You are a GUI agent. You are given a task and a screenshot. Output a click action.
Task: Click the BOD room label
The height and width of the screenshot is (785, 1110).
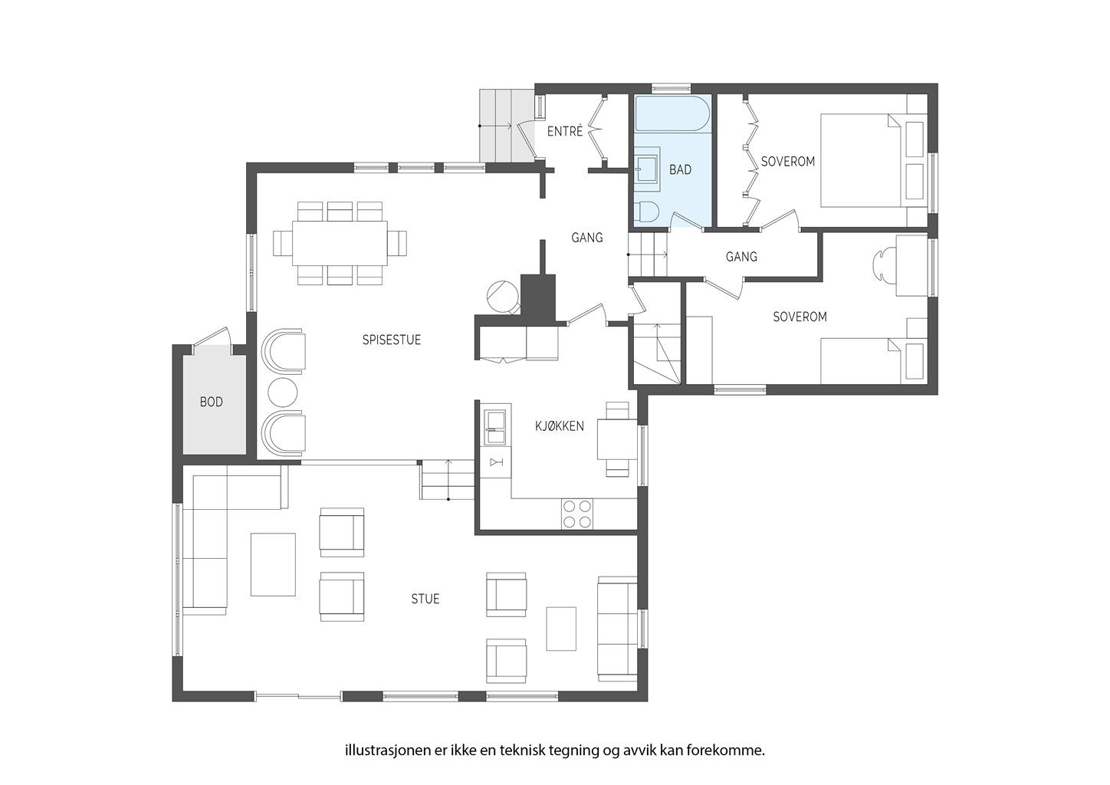(211, 402)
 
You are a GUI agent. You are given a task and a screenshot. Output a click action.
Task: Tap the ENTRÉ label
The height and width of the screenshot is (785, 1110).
(565, 131)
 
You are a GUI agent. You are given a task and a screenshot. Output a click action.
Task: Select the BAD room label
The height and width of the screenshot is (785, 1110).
(681, 169)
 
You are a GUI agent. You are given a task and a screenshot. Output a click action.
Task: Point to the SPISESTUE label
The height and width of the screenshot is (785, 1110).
(392, 340)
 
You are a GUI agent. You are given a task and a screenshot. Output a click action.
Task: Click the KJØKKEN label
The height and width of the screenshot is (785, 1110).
(560, 425)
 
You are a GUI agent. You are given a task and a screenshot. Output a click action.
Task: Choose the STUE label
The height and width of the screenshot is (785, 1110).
(425, 599)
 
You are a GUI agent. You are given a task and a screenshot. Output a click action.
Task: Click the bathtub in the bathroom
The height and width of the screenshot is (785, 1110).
(672, 113)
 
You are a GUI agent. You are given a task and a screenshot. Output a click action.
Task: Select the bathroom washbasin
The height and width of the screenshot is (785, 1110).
(648, 167)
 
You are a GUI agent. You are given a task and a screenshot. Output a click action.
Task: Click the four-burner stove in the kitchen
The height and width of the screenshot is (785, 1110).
(576, 514)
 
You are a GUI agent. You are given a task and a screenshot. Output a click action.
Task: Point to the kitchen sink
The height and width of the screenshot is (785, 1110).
(495, 427)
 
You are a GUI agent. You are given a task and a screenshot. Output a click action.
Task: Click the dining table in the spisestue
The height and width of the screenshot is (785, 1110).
(340, 243)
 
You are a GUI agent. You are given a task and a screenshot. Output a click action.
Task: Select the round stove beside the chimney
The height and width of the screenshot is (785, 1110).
(502, 296)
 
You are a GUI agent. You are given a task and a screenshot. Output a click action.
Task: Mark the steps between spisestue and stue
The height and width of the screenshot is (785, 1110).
(448, 480)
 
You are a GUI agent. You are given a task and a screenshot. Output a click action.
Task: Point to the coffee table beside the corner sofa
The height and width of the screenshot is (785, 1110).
(273, 564)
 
